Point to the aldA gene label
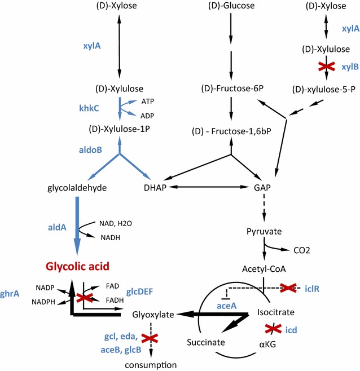point(57,226)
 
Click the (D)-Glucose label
point(231,6)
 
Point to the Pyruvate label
point(263,231)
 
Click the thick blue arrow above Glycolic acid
point(77,231)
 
